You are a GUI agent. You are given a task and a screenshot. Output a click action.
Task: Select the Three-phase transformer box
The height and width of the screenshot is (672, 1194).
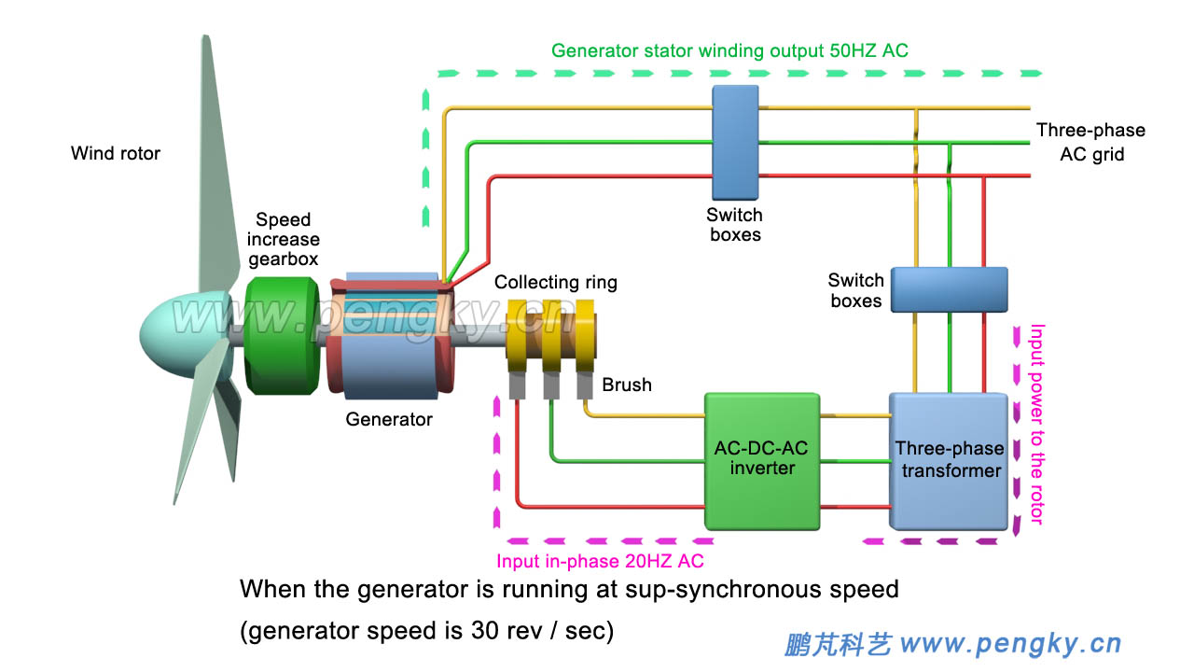tap(950, 460)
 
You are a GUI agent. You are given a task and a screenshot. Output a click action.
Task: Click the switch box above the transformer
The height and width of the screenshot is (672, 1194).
tap(949, 289)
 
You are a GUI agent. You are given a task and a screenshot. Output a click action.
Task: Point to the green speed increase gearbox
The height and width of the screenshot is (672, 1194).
tap(280, 333)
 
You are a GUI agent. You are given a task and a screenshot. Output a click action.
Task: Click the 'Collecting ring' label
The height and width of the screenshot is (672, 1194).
tap(555, 282)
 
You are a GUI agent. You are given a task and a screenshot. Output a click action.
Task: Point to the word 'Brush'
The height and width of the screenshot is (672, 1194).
tap(626, 385)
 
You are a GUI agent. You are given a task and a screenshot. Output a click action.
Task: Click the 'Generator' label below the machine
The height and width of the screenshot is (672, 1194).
tap(389, 420)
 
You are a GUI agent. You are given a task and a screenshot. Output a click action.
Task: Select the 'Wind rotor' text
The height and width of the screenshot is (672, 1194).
tap(116, 153)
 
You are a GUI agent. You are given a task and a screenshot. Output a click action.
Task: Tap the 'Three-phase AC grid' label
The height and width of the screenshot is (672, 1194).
tap(1090, 143)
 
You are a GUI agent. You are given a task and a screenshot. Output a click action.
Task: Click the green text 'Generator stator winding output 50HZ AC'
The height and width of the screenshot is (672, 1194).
tap(729, 50)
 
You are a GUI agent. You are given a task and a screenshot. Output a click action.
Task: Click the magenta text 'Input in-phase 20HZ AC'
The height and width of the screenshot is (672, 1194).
tap(600, 561)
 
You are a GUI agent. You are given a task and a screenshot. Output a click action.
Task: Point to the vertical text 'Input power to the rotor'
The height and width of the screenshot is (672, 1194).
tap(1035, 425)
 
